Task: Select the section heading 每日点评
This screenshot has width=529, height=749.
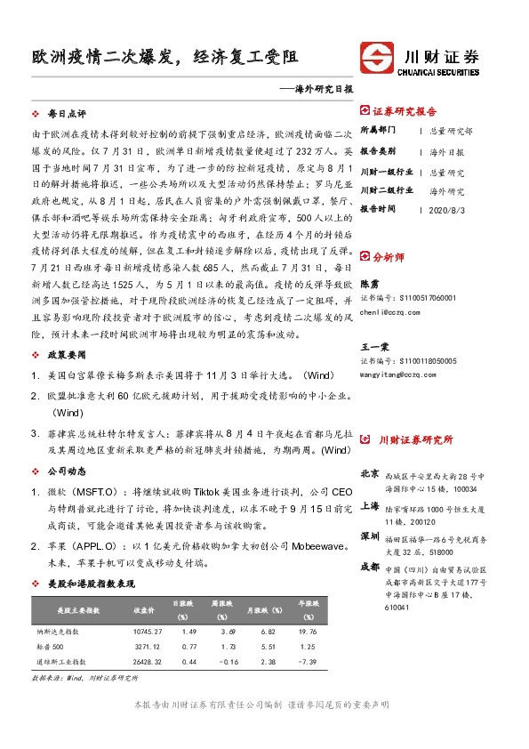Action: [x=67, y=115]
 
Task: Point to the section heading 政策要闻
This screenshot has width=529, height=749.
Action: [x=67, y=355]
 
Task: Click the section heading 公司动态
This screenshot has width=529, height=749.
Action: [x=67, y=470]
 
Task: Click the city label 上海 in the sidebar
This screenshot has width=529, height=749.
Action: [x=370, y=506]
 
